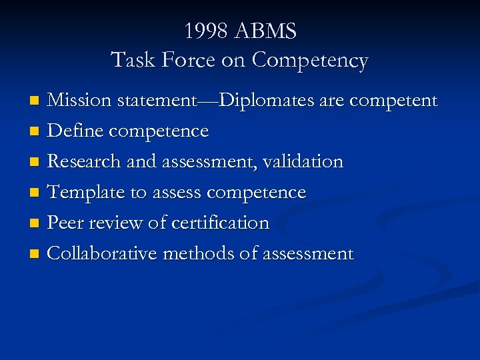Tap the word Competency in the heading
click(x=310, y=61)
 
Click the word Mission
click(x=80, y=101)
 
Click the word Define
click(x=75, y=131)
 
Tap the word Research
click(x=83, y=161)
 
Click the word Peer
click(x=65, y=223)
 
